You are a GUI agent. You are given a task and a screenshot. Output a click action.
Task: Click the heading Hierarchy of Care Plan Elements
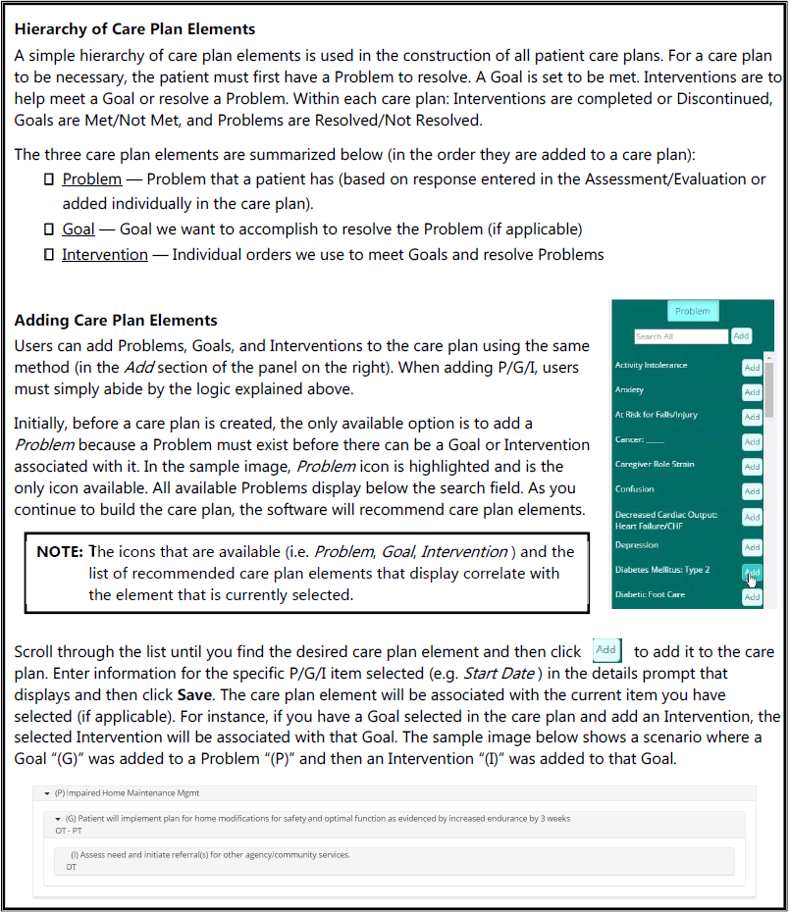pos(134,29)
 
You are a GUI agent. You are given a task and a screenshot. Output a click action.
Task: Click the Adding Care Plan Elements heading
pos(116,321)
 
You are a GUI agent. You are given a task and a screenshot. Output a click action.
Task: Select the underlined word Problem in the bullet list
pos(92,178)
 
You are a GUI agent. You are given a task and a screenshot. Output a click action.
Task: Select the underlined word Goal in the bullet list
pos(79,228)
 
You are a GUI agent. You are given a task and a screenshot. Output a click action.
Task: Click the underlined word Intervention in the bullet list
pos(105,254)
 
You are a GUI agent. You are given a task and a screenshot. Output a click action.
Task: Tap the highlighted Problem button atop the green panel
pos(692,311)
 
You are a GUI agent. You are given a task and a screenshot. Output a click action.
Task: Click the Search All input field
pos(680,336)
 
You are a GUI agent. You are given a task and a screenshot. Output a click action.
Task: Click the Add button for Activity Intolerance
pos(752,368)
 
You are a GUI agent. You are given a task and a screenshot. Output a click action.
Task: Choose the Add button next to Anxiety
pos(752,392)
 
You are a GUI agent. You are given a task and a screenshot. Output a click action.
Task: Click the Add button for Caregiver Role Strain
pos(752,467)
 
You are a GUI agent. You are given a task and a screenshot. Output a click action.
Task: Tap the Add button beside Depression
pos(752,547)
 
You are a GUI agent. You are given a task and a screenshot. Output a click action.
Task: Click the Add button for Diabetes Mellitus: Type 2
pos(752,572)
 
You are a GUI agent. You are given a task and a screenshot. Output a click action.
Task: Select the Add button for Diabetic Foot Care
pos(752,597)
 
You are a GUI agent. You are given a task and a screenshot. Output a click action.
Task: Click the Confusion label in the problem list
pos(634,488)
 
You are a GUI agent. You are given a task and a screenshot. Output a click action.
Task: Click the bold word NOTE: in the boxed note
pos(59,552)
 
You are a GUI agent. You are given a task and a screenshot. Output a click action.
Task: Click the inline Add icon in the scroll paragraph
pos(606,650)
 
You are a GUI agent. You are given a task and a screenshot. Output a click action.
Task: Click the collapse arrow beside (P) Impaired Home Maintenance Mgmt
pos(46,792)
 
